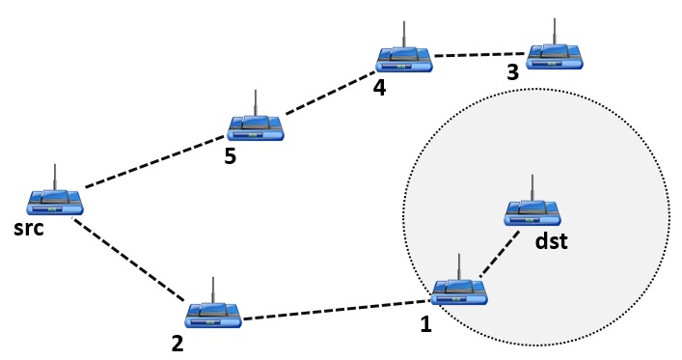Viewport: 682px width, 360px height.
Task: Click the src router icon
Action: (55, 200)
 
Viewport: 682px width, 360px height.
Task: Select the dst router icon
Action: (532, 211)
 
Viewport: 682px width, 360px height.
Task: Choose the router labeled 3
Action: (556, 54)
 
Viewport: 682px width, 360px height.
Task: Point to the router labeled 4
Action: (404, 58)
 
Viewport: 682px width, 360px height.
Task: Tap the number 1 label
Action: (425, 325)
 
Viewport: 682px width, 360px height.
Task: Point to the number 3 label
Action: (513, 73)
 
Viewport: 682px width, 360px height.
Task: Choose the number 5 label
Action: (230, 156)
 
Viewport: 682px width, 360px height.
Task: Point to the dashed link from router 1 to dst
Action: (495, 256)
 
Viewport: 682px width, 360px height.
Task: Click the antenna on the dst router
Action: (532, 186)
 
